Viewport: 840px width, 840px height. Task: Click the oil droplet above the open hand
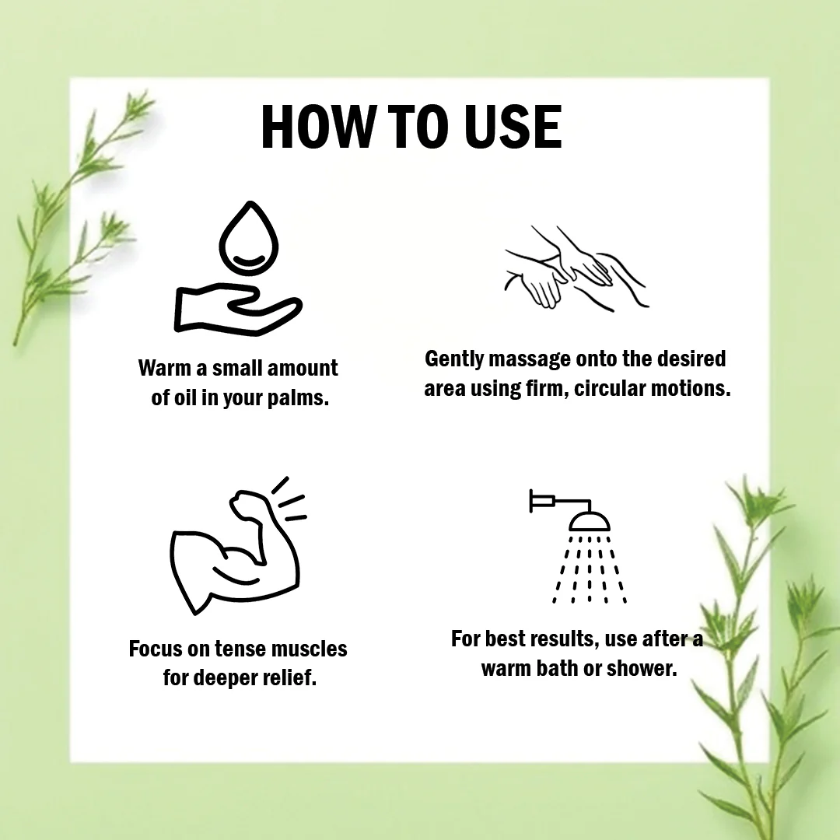249,238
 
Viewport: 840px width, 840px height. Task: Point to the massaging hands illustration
576,268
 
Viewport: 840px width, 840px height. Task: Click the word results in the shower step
565,639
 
